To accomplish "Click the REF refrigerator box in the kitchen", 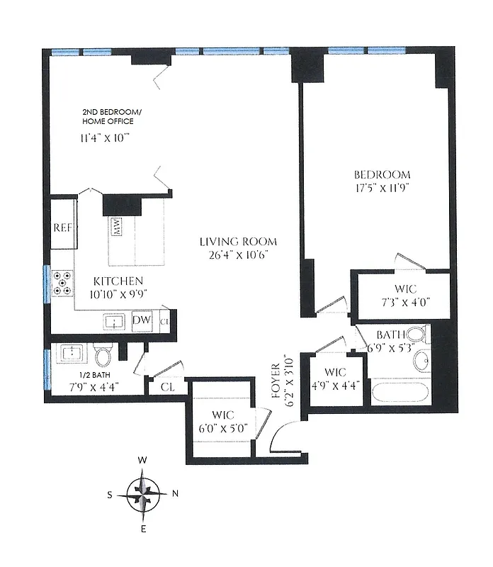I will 62,229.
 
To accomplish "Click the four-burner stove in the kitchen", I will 62,282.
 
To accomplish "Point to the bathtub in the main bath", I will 400,392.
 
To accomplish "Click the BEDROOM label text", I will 382,174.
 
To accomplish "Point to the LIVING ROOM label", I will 237,241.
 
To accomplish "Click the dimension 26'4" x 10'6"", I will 237,254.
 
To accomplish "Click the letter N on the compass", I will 175,494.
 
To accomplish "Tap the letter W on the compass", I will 143,461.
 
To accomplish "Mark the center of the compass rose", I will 144,494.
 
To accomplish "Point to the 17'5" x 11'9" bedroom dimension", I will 382,189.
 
